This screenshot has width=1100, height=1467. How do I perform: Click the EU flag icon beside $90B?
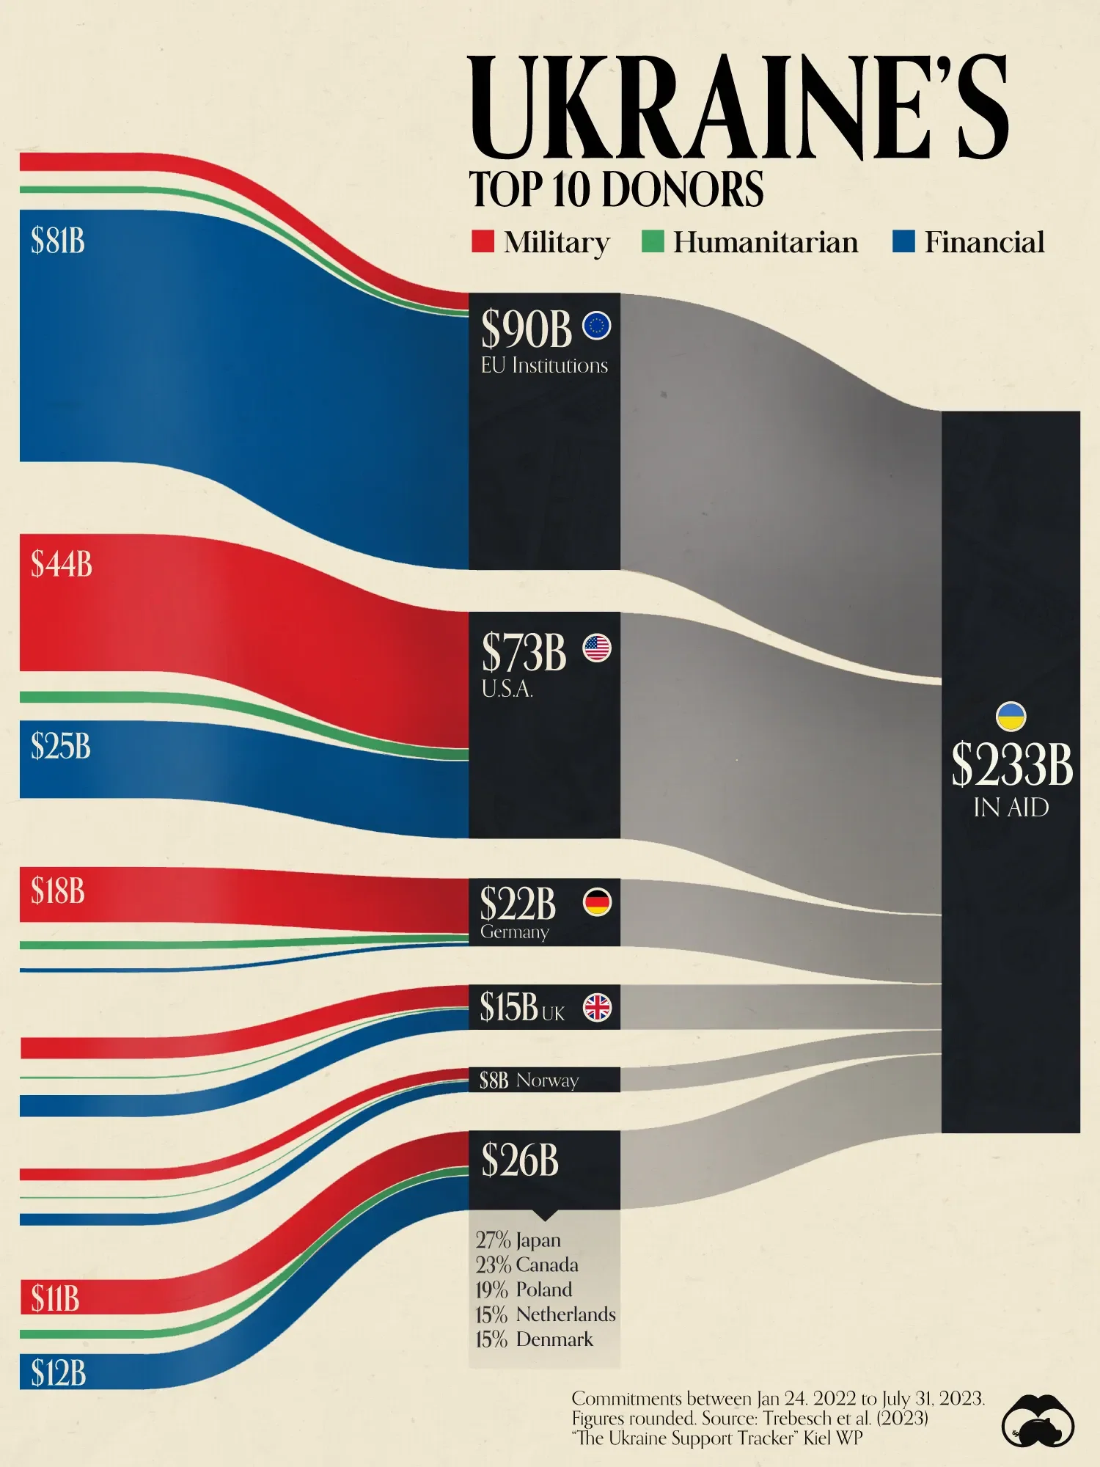[596, 326]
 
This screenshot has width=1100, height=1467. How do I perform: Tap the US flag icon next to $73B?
[597, 648]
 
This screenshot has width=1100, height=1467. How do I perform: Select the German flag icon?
[597, 902]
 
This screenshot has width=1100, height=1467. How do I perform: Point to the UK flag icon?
[597, 1007]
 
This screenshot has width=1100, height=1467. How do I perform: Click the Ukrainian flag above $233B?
[1011, 717]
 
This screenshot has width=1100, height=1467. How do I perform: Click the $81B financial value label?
[58, 241]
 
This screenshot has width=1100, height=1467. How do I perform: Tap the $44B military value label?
[62, 564]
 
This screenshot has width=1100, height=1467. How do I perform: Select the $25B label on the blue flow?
[61, 746]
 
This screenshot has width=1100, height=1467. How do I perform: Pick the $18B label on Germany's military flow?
[58, 891]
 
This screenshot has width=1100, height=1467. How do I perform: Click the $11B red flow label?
[55, 1298]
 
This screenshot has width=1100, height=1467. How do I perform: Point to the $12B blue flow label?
[58, 1372]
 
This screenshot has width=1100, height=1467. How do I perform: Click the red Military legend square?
[483, 241]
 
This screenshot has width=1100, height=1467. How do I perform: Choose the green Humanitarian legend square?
[652, 241]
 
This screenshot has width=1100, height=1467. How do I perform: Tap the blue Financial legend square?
[903, 241]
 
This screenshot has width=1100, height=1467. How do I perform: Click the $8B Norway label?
[529, 1080]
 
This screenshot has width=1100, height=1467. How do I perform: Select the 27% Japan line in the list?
[518, 1240]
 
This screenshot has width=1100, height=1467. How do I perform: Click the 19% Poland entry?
[524, 1289]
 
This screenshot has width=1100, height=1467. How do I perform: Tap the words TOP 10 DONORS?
[616, 189]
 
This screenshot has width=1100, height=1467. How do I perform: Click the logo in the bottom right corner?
[1037, 1421]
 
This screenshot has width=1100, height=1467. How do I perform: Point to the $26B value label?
[520, 1161]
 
